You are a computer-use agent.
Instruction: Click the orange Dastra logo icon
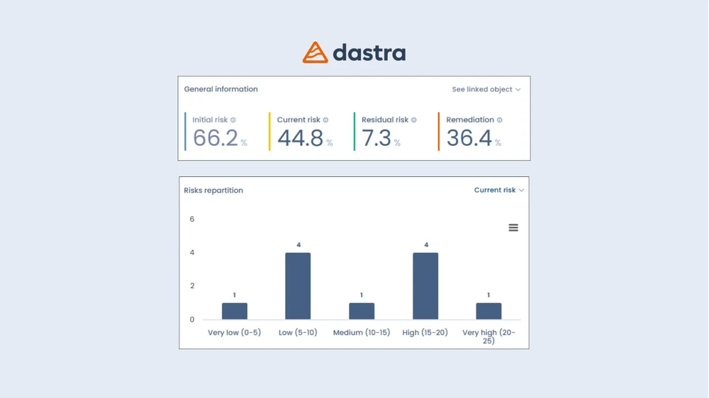tap(315, 52)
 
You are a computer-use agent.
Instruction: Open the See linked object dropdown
tap(486, 90)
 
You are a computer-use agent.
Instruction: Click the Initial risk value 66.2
tap(216, 138)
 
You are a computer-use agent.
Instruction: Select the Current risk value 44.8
tap(301, 138)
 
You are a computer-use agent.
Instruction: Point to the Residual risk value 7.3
tap(376, 138)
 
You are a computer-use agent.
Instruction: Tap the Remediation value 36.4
tap(469, 138)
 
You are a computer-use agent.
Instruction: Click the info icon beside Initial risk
tap(233, 120)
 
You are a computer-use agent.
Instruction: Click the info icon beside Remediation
tap(500, 120)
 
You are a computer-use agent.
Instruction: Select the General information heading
tap(220, 90)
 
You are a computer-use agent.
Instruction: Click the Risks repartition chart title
tap(213, 191)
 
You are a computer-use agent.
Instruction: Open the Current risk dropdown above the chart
tap(498, 191)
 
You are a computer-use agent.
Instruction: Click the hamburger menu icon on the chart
tap(513, 227)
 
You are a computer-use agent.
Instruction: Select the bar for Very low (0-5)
tap(235, 312)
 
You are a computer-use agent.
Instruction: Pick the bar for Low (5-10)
tap(298, 286)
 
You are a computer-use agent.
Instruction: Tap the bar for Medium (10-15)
tap(362, 312)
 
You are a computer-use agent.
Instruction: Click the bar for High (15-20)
tap(425, 286)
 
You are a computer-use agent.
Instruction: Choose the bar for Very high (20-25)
tap(489, 312)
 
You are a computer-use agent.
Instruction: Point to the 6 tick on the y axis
tap(192, 220)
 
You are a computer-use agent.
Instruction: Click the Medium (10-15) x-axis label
tap(362, 333)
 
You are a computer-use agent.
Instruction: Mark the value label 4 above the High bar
tap(425, 245)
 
